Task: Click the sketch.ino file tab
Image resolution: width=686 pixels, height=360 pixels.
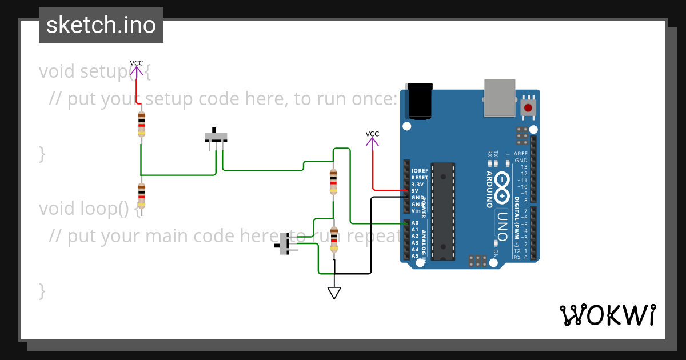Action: tap(101, 25)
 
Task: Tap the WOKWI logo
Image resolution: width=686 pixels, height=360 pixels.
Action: tap(607, 315)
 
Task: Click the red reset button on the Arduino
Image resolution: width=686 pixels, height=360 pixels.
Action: tap(528, 107)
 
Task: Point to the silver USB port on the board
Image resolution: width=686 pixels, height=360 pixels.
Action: tap(499, 98)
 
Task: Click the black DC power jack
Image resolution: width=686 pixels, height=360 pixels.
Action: tap(418, 101)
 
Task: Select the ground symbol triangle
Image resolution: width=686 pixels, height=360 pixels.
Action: tap(334, 293)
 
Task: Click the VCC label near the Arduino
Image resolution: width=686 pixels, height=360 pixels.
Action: tap(372, 134)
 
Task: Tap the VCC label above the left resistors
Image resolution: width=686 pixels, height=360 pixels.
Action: tap(137, 63)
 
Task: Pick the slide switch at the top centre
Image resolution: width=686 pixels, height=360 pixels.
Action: tap(216, 138)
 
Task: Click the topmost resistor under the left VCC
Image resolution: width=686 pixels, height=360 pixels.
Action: tap(141, 125)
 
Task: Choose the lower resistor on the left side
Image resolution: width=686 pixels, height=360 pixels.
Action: tap(141, 195)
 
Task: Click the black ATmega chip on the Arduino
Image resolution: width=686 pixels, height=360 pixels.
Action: tap(443, 211)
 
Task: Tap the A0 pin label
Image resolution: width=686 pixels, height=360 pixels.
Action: tap(415, 223)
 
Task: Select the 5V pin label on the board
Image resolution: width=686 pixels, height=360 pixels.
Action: tap(415, 191)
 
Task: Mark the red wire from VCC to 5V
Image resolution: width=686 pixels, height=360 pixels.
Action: tap(373, 171)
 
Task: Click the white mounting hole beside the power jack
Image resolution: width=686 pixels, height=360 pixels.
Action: tap(407, 126)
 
